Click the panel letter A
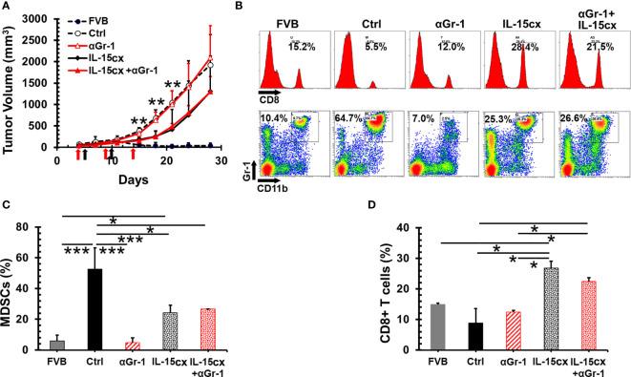(8, 9)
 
